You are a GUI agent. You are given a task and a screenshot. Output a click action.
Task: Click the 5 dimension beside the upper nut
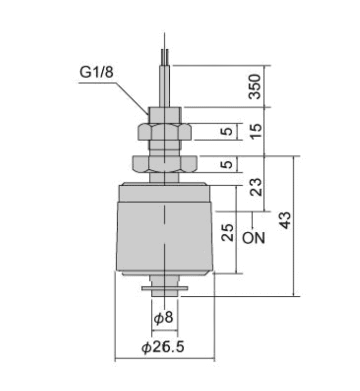tap(229, 132)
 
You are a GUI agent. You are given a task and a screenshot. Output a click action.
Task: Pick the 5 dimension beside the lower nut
tap(229, 164)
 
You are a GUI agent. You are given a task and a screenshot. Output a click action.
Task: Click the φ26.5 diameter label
tap(163, 347)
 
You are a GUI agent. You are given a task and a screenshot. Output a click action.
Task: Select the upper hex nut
tap(164, 133)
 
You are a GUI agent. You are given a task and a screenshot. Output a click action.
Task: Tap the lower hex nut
tap(164, 163)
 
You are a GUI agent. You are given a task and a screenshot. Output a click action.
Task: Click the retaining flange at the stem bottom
tap(164, 290)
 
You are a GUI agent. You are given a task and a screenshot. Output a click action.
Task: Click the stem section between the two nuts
tap(164, 148)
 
